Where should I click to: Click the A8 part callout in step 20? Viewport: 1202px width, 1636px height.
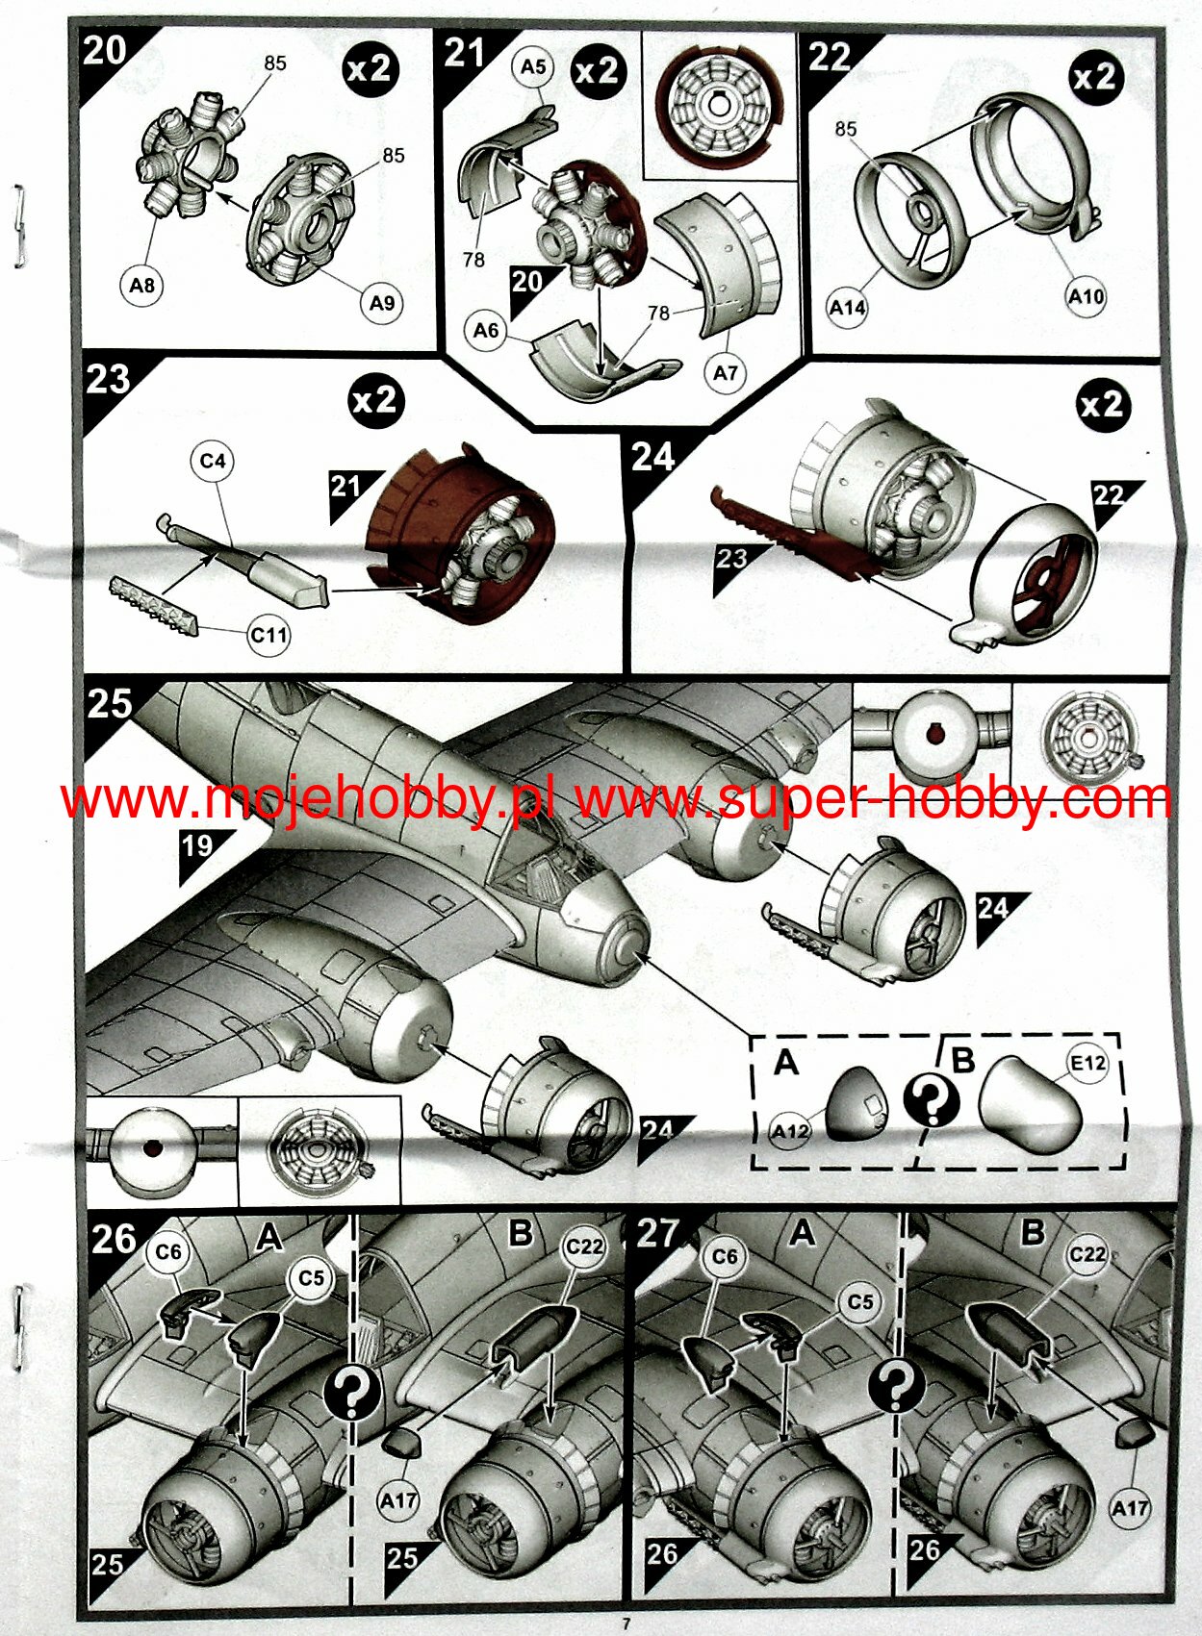141,286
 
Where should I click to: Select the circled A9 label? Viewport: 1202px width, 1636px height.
381,303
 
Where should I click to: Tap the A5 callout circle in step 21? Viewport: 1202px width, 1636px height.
533,66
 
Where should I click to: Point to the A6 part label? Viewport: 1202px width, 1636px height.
486,332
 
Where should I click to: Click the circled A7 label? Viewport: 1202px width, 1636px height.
725,374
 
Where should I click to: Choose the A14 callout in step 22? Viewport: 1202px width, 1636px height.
848,308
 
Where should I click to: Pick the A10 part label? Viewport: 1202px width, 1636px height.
1086,296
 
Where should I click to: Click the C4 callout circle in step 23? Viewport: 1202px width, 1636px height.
213,461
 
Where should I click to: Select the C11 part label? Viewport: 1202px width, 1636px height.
269,635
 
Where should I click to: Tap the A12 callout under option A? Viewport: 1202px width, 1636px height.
791,1131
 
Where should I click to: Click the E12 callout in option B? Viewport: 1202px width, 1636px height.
1088,1063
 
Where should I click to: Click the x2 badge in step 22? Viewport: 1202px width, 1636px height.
1094,77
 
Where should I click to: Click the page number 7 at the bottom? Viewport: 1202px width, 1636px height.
626,1625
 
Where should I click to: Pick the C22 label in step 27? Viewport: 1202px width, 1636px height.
1087,1255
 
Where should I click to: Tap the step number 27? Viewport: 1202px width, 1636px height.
659,1234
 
